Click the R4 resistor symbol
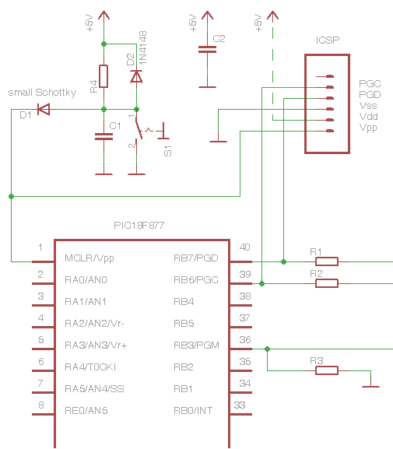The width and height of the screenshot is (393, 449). pyautogui.click(x=104, y=76)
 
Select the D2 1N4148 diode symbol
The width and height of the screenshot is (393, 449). pyautogui.click(x=136, y=77)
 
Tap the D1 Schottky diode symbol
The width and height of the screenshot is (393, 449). pyautogui.click(x=44, y=109)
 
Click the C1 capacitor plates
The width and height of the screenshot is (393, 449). pyautogui.click(x=104, y=137)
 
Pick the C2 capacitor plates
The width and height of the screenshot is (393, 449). pyautogui.click(x=207, y=50)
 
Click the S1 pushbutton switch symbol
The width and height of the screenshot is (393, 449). pyautogui.click(x=149, y=131)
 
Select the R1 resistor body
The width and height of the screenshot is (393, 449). pyautogui.click(x=327, y=261)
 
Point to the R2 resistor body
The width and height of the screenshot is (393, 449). pyautogui.click(x=327, y=283)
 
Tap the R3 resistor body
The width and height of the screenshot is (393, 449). pyautogui.click(x=327, y=370)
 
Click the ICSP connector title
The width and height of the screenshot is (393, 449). pyautogui.click(x=328, y=40)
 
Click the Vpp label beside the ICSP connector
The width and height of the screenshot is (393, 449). pyautogui.click(x=368, y=128)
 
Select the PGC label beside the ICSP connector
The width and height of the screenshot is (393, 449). pyautogui.click(x=370, y=83)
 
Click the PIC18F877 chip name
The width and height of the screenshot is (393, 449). pyautogui.click(x=139, y=226)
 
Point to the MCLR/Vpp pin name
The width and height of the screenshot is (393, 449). pyautogui.click(x=89, y=258)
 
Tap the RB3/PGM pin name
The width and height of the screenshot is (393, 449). pyautogui.click(x=196, y=345)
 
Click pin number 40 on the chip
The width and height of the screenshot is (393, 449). pyautogui.click(x=244, y=247)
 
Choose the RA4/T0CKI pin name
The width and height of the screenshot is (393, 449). pyautogui.click(x=90, y=367)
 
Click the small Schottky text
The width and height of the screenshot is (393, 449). pyautogui.click(x=42, y=93)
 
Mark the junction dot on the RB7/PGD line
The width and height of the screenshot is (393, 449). pyautogui.click(x=283, y=261)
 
